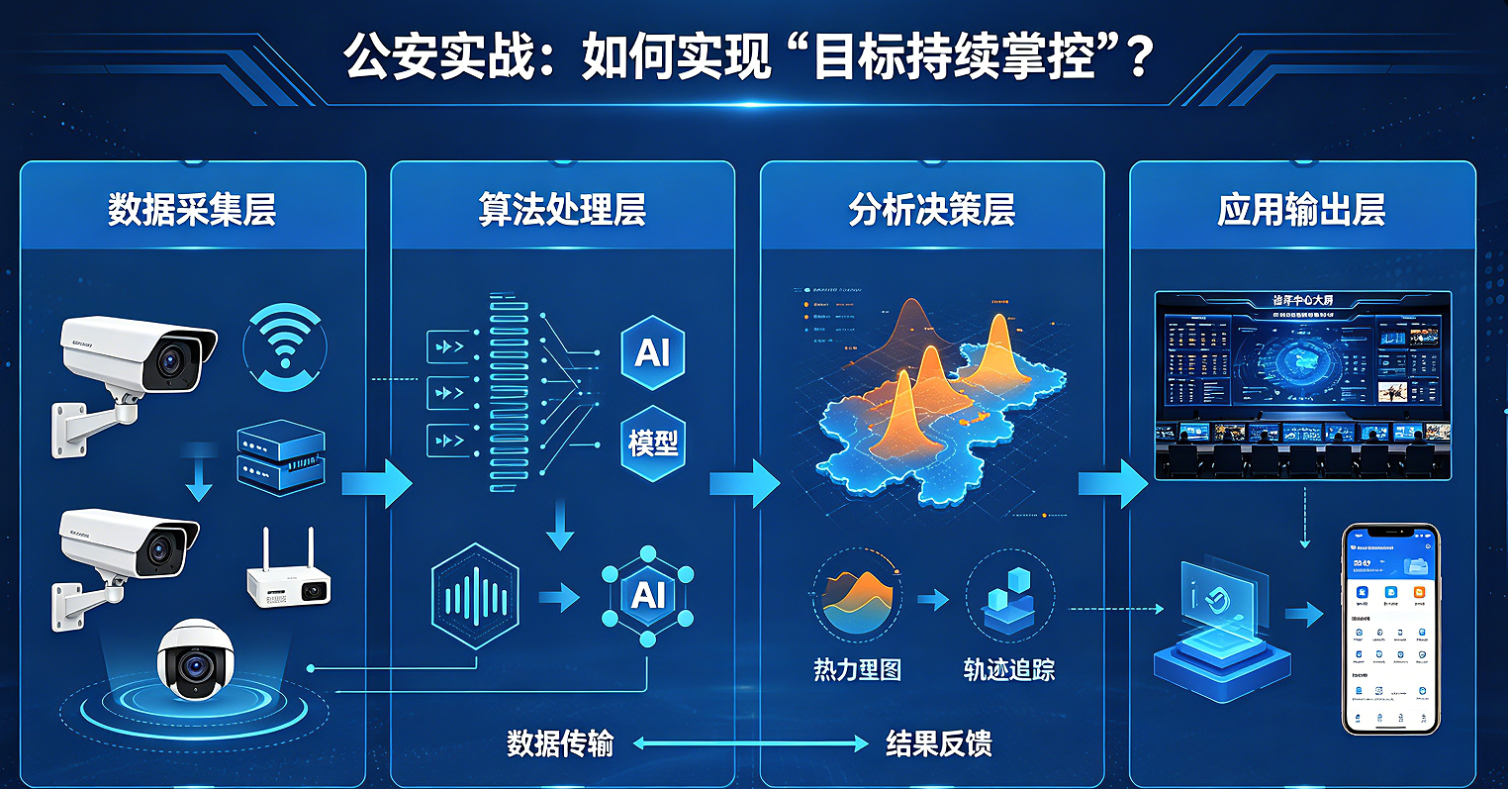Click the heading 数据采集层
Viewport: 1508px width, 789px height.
192,211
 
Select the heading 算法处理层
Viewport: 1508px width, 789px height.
562,211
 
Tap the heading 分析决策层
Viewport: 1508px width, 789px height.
931,211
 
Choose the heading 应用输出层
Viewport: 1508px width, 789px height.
1301,211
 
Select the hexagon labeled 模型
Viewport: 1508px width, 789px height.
653,443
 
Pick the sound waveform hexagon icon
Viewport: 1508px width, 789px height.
476,596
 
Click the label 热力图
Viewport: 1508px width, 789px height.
857,670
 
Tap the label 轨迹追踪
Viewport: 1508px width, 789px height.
1009,670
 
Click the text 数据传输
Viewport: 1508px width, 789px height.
560,743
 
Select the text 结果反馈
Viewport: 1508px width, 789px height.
938,743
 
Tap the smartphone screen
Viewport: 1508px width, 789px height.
1390,630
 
